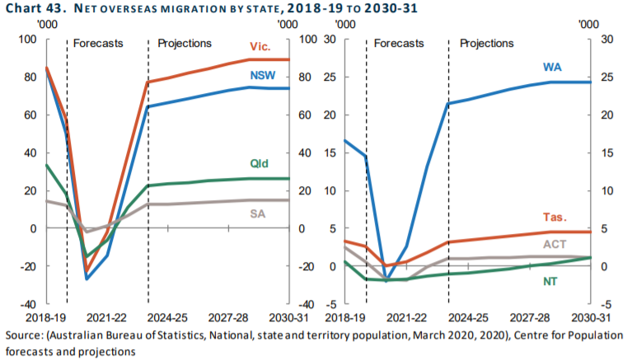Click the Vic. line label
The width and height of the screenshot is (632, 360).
260,47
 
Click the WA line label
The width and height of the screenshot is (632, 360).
554,66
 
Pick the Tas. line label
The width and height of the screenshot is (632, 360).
554,217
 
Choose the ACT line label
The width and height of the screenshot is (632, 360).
554,244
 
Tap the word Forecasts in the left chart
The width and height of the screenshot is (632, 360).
98,43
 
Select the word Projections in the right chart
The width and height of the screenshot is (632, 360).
486,43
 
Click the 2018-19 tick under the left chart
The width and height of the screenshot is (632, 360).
46,317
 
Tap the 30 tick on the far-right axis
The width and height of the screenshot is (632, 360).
606,40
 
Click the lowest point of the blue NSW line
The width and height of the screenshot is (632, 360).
87,279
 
